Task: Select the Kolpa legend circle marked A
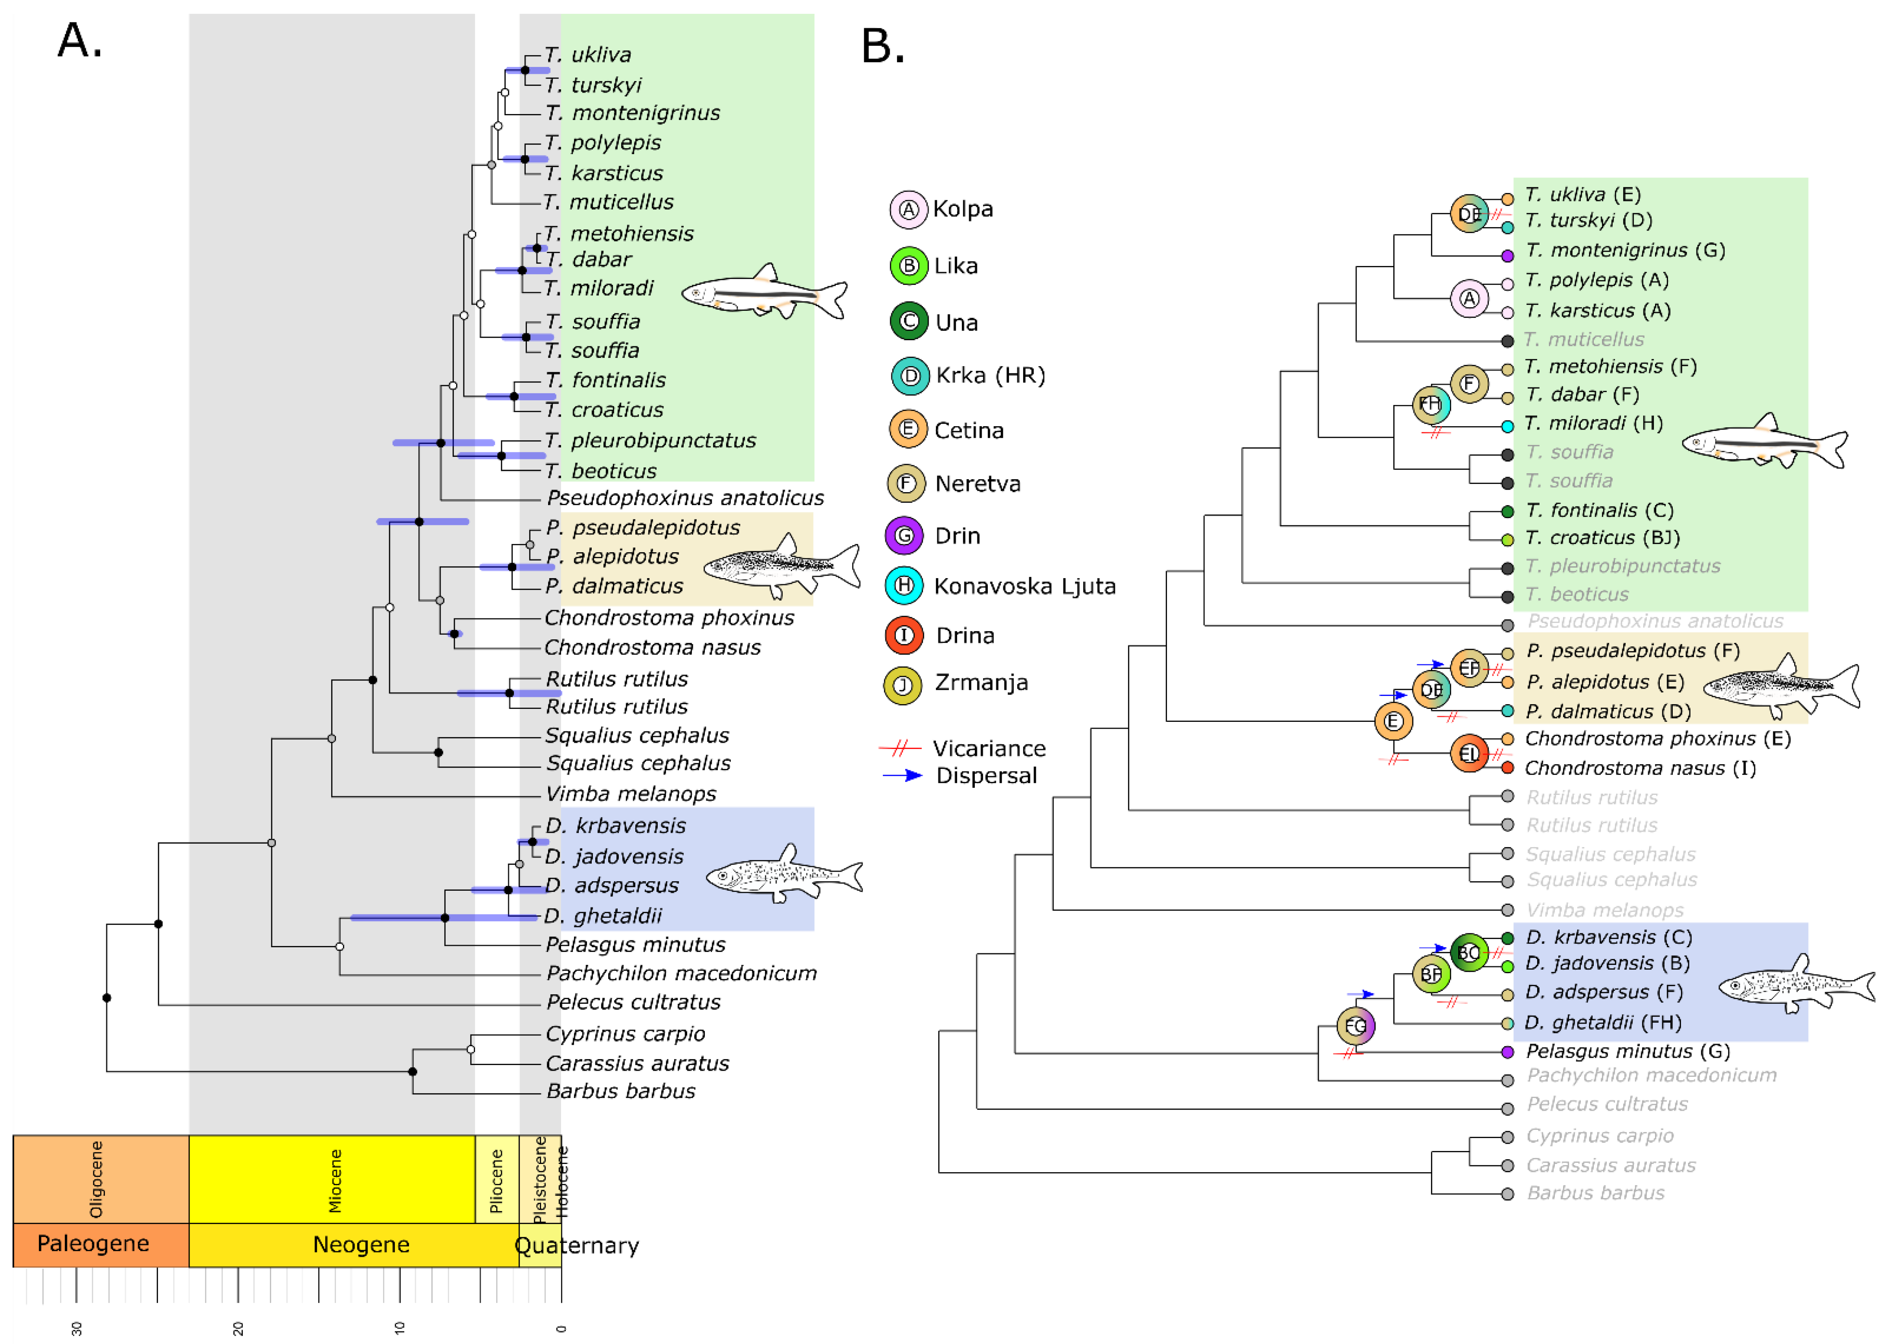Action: point(908,209)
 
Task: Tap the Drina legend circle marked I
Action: point(904,636)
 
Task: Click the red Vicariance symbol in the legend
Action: point(900,748)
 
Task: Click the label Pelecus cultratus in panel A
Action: point(634,1002)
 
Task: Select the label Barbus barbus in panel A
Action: point(621,1091)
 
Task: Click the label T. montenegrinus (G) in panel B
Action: point(1625,250)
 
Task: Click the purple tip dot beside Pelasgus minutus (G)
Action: point(1508,1052)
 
